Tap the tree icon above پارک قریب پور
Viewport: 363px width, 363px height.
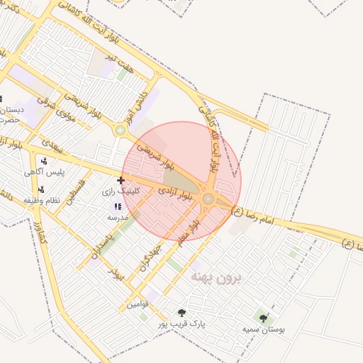[182, 313]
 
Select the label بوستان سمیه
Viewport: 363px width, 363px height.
[263, 330]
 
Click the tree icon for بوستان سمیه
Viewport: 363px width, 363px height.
[264, 319]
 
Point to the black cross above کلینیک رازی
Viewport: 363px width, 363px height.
[121, 180]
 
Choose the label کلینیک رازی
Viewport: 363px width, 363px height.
[121, 191]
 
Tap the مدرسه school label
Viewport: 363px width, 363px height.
[117, 217]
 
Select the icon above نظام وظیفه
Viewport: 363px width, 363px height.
[41, 189]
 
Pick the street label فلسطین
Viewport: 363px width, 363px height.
[76, 191]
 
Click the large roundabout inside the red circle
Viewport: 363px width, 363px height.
[208, 200]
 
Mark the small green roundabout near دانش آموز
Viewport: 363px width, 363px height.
[121, 130]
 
